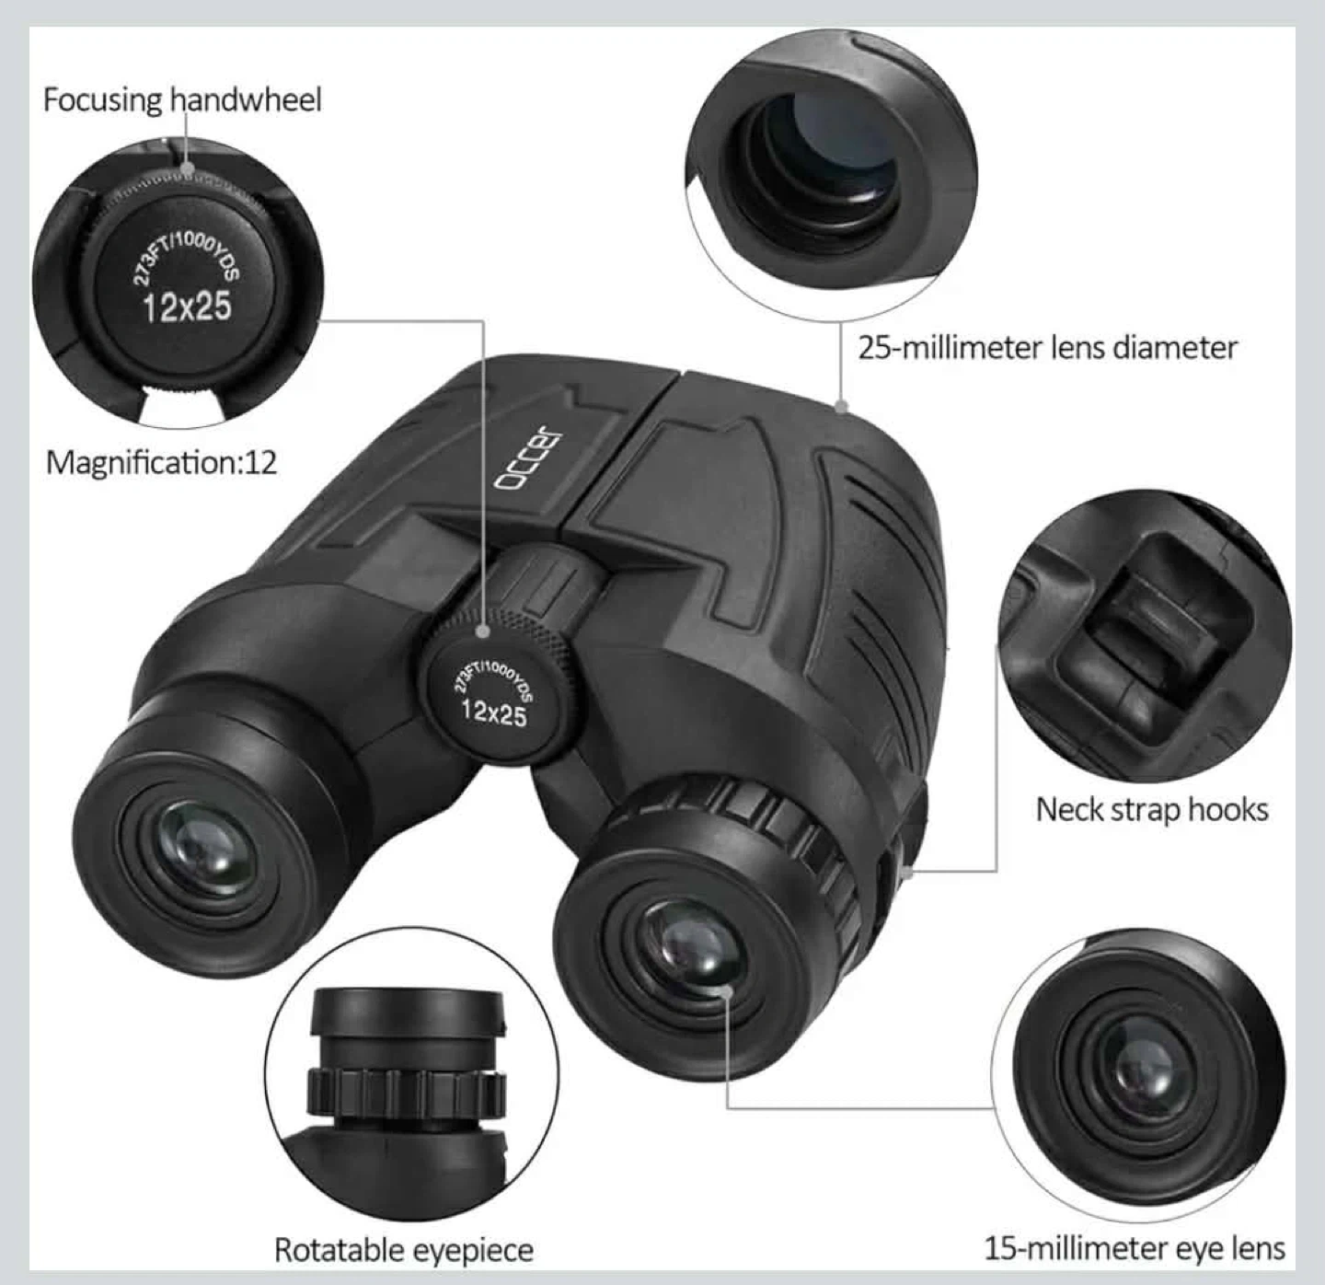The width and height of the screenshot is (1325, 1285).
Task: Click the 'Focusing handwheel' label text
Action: [x=182, y=100]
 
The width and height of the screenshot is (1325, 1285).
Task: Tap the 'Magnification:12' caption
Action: [x=161, y=463]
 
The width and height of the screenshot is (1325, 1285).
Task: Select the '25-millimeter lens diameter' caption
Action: [x=1047, y=348]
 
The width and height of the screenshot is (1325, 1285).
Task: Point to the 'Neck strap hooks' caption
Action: [x=1152, y=810]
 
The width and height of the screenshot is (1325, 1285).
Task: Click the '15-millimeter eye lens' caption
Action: [x=1135, y=1248]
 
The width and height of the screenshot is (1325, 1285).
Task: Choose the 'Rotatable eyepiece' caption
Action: [x=404, y=1250]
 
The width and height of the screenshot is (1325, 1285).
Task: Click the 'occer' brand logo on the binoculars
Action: [x=526, y=457]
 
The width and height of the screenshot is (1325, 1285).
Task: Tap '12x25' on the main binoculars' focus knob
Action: [x=494, y=713]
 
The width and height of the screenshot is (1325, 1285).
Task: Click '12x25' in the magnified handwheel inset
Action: [x=187, y=307]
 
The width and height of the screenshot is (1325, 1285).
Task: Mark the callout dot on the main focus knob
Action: [x=483, y=631]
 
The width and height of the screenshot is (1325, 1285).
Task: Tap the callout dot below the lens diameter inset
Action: [x=842, y=407]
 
